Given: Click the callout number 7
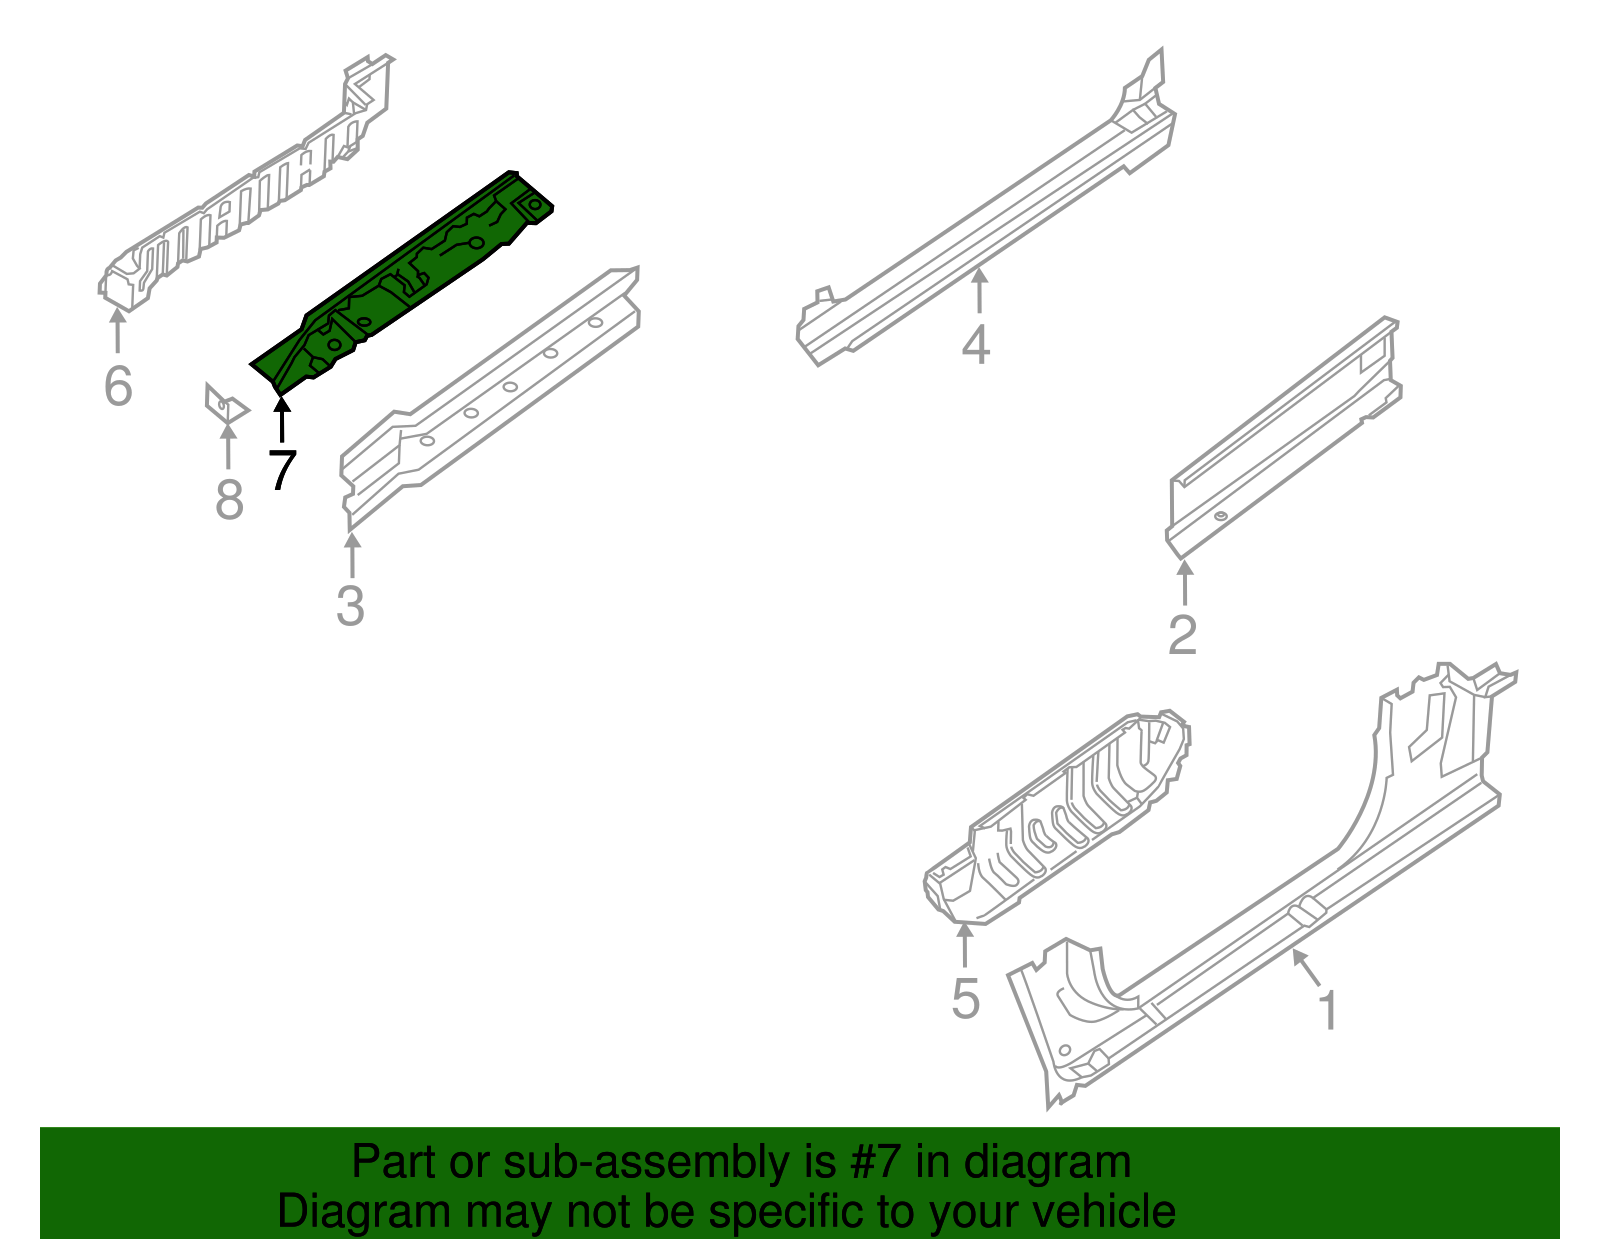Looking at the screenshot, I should pyautogui.click(x=283, y=470).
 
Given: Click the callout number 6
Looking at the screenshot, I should pyautogui.click(x=118, y=387).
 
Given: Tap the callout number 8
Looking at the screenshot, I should pyautogui.click(x=229, y=500).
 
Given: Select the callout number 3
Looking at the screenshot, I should pyautogui.click(x=350, y=606).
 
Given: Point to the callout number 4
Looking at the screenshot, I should pyautogui.click(x=976, y=345).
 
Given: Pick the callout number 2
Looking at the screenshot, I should pyautogui.click(x=1182, y=635).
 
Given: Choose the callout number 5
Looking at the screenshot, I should pyautogui.click(x=965, y=999).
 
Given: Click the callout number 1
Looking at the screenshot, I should pyautogui.click(x=1327, y=1011).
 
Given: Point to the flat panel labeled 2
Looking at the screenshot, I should pyautogui.click(x=1280, y=440).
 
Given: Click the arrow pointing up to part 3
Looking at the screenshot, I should pyautogui.click(x=351, y=555).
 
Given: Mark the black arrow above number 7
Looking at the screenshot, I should pyautogui.click(x=282, y=418).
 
